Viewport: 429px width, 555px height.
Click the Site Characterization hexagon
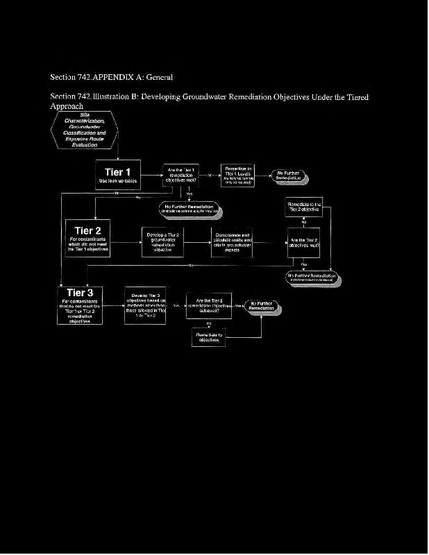[84, 130]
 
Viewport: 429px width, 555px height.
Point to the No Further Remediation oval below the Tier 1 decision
[190, 208]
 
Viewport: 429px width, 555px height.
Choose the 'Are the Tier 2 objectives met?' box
[303, 242]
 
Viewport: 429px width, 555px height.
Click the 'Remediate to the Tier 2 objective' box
[303, 207]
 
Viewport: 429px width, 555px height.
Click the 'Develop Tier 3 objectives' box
[145, 305]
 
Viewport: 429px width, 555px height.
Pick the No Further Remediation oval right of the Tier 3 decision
[262, 306]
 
